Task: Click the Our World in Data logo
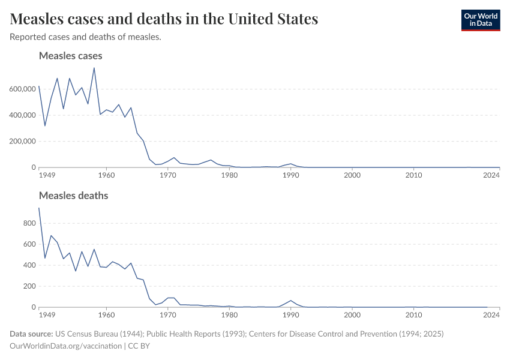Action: click(x=480, y=20)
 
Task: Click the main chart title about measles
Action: click(x=164, y=19)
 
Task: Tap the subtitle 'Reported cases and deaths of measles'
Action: click(x=85, y=37)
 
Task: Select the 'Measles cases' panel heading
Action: click(x=70, y=56)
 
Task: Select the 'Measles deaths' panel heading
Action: click(x=73, y=196)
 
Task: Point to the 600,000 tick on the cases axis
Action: click(x=22, y=89)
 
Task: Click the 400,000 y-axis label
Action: click(x=22, y=115)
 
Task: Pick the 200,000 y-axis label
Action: click(x=22, y=142)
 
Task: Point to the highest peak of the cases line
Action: click(x=94, y=68)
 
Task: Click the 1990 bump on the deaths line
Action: click(x=291, y=301)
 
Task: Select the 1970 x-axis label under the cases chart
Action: click(x=168, y=176)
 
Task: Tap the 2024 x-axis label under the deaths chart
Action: click(x=491, y=315)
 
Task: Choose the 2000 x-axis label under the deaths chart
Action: click(x=352, y=315)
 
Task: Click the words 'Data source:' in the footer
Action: click(x=31, y=334)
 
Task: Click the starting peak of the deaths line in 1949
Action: click(x=39, y=208)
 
